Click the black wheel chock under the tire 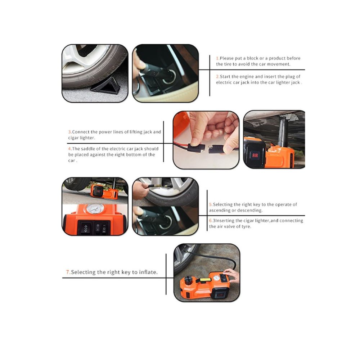click(x=105, y=85)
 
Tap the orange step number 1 click(x=217, y=58)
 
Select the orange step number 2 click(x=217, y=77)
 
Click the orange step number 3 click(x=70, y=132)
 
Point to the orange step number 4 click(x=70, y=149)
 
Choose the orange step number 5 click(x=211, y=204)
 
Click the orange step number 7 click(x=68, y=272)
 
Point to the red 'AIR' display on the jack click(x=255, y=156)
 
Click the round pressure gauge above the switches click(x=95, y=208)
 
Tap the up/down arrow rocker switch click(x=86, y=228)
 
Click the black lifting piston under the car click(x=283, y=131)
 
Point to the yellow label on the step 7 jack click(x=205, y=280)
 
